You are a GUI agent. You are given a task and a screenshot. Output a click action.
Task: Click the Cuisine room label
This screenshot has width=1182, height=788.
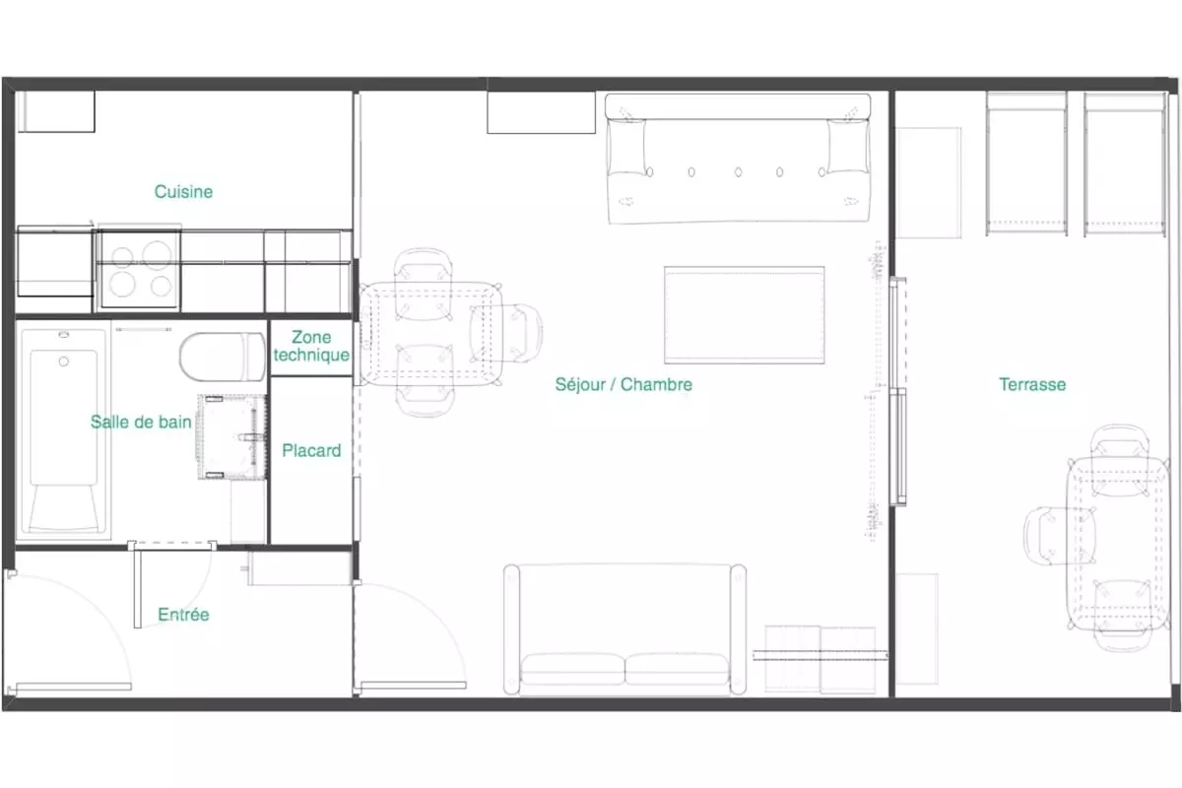pyautogui.click(x=183, y=192)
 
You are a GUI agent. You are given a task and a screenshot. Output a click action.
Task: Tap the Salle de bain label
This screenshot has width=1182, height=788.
pyautogui.click(x=141, y=422)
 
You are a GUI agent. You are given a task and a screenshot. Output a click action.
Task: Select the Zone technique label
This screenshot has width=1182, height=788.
pyautogui.click(x=311, y=346)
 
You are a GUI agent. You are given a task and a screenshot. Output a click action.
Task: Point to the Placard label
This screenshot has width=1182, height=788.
pyautogui.click(x=311, y=450)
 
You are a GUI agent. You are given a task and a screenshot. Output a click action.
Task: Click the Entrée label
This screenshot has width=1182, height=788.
pyautogui.click(x=183, y=615)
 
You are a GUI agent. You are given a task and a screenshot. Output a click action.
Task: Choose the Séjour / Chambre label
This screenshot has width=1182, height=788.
pyautogui.click(x=624, y=384)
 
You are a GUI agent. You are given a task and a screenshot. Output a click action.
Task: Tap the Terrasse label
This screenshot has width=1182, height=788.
pyautogui.click(x=1032, y=384)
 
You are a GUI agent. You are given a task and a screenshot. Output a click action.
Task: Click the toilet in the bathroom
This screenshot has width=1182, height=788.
pyautogui.click(x=223, y=357)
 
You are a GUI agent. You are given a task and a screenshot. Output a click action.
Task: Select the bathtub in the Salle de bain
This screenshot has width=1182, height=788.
pyautogui.click(x=64, y=431)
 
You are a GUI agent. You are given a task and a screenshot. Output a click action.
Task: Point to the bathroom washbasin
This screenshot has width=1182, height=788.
pyautogui.click(x=232, y=437)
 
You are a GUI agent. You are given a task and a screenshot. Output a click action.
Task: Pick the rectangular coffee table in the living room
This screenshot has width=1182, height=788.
pyautogui.click(x=744, y=315)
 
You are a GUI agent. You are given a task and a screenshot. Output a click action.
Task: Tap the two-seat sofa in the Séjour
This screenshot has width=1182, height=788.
pyautogui.click(x=624, y=629)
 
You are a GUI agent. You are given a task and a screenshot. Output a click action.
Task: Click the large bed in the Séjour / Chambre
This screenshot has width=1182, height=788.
pyautogui.click(x=738, y=159)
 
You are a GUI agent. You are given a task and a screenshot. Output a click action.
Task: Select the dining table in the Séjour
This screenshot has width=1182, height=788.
pyautogui.click(x=430, y=334)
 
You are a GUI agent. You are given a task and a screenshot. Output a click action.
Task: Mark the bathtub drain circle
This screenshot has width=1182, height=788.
pyautogui.click(x=64, y=361)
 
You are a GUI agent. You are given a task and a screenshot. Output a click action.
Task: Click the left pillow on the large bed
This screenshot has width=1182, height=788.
pyautogui.click(x=626, y=147)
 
